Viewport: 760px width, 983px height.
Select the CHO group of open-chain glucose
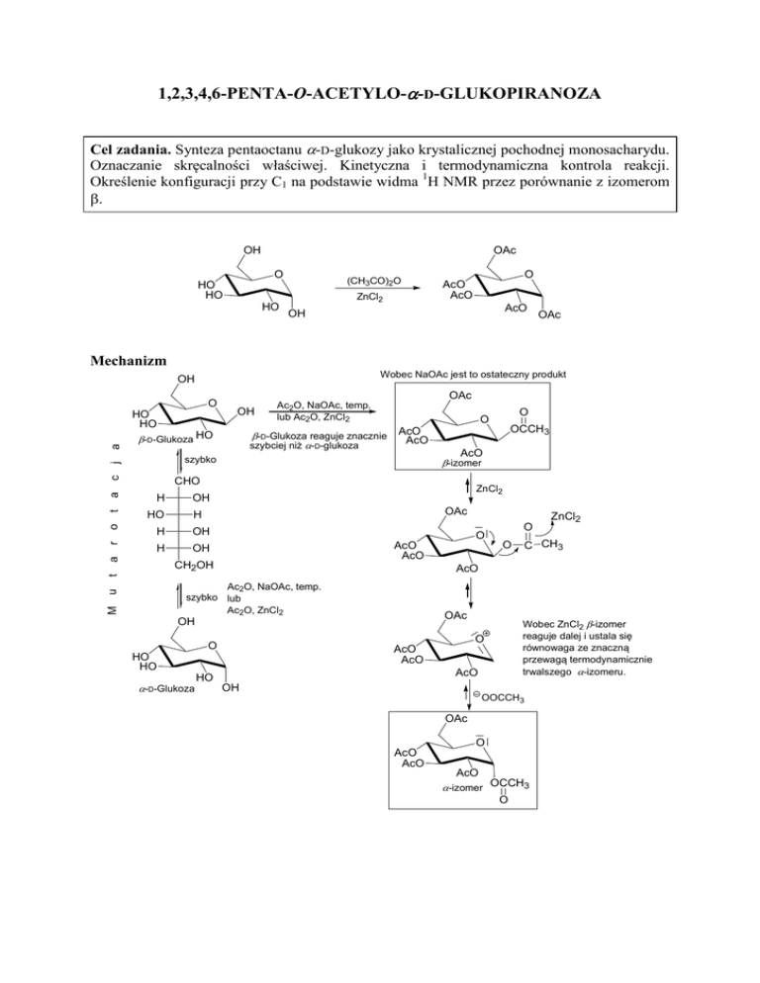point(189,481)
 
